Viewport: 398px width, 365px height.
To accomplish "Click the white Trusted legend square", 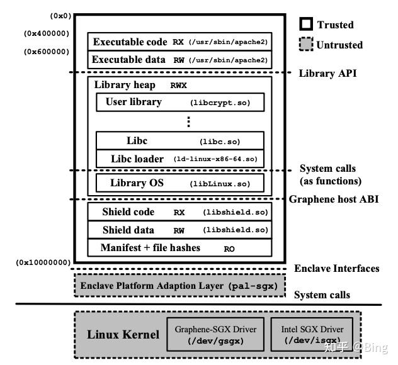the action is click(x=306, y=24).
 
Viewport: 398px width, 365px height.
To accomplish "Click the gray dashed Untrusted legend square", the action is click(x=306, y=44).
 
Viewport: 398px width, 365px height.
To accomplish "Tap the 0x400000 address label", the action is click(x=47, y=33).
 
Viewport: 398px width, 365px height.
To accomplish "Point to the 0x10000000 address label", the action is click(x=43, y=262).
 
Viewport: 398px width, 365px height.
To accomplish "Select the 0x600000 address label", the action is click(x=47, y=52).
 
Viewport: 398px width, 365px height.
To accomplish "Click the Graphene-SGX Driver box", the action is click(x=215, y=334).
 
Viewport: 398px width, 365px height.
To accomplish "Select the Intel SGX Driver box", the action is click(x=312, y=334).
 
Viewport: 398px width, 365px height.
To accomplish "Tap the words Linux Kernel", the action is click(x=123, y=334).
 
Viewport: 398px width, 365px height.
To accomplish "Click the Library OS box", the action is click(x=180, y=183).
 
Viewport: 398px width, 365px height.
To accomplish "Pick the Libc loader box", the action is click(x=180, y=159).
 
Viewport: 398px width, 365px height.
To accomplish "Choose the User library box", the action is click(x=180, y=102).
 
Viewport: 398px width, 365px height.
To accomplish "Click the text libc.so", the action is click(x=220, y=142).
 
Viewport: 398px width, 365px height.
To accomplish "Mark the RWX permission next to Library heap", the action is click(x=178, y=86).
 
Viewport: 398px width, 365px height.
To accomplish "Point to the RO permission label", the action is click(x=229, y=249).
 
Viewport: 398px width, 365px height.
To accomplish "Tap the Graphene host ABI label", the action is click(x=334, y=199).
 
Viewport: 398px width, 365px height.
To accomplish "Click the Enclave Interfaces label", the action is click(x=336, y=268).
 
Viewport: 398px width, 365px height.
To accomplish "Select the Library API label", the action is click(x=327, y=73).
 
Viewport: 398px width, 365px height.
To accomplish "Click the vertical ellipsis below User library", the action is click(x=188, y=121).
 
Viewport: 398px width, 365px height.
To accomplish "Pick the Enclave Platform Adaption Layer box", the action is click(x=179, y=285).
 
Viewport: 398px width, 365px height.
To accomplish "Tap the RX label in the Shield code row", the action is click(x=179, y=213).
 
